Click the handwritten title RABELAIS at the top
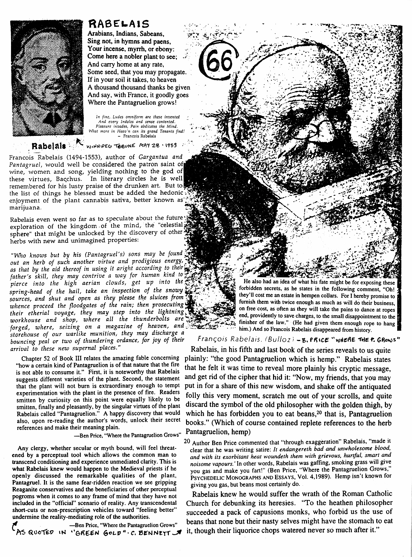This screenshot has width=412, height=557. point(119,23)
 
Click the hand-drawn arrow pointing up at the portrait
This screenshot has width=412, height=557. point(80,141)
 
